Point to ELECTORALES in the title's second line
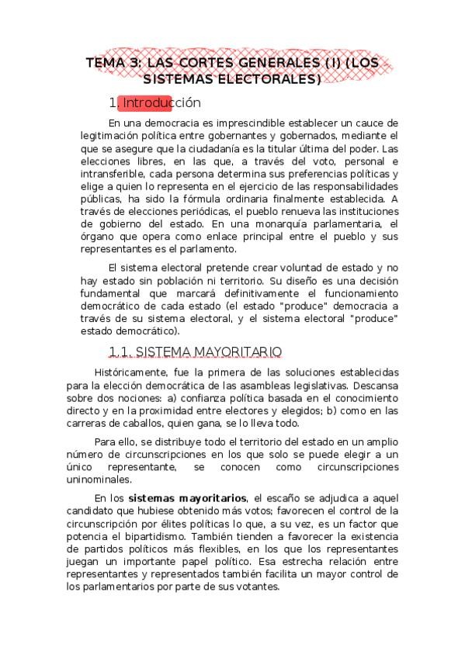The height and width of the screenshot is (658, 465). pos(269,79)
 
